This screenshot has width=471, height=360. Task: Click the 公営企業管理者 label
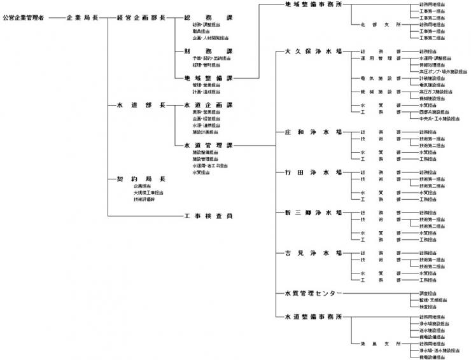pyautogui.click(x=23, y=18)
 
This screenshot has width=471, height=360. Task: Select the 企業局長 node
pyautogui.click(x=82, y=18)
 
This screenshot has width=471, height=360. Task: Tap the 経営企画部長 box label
pyautogui.click(x=141, y=18)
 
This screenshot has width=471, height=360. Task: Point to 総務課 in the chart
pyautogui.click(x=207, y=18)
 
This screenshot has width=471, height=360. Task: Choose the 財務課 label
pyautogui.click(x=207, y=50)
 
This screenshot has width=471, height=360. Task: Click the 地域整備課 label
pyautogui.click(x=207, y=78)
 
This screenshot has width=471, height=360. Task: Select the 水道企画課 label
pyautogui.click(x=207, y=104)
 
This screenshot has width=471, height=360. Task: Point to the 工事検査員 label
pyautogui.click(x=207, y=216)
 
